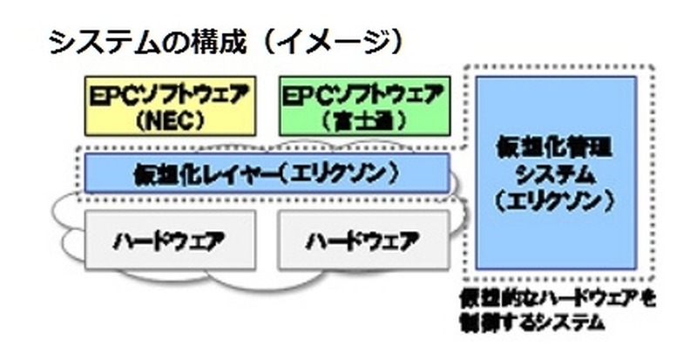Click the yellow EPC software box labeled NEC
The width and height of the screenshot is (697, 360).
click(x=170, y=105)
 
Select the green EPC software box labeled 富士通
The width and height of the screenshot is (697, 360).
click(x=364, y=105)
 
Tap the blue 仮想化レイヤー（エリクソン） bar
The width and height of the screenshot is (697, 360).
click(x=267, y=173)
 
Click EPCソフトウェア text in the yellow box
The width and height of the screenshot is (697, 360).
click(x=170, y=92)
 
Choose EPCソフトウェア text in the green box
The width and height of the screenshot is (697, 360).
click(x=364, y=92)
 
